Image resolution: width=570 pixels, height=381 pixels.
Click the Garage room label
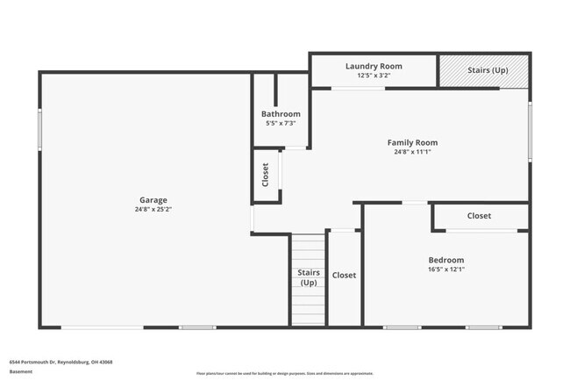coord(152,200)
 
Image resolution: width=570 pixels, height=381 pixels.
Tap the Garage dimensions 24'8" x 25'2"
coord(152,210)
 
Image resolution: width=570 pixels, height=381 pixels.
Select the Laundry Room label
coord(374,66)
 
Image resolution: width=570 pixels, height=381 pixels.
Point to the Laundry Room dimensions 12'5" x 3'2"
coord(374,75)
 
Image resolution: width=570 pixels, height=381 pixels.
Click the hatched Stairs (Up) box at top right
coord(485,70)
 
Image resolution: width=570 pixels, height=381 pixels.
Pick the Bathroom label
coord(281,114)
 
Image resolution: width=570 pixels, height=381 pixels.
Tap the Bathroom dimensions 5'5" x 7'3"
coord(281,123)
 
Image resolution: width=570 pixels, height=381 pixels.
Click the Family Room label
coord(412,142)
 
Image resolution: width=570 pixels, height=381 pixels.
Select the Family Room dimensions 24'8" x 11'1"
coord(412,152)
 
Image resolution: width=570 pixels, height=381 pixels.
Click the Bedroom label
coord(445,260)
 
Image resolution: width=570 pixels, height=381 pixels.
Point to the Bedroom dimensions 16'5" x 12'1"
coord(445,270)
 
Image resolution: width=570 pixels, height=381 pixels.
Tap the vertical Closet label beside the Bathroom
coord(266,175)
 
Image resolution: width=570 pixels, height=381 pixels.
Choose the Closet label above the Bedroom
coord(479,216)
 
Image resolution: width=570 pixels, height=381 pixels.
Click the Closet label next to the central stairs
coord(344,276)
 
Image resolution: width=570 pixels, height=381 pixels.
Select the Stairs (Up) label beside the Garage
coord(308,277)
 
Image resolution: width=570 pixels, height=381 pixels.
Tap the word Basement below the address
coord(19,371)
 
